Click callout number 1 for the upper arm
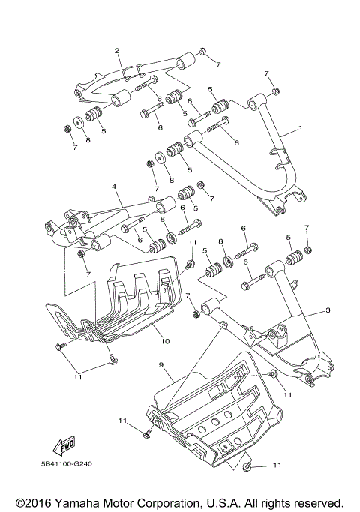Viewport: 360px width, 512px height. pyautogui.click(x=301, y=128)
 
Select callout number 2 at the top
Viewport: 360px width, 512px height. pyautogui.click(x=117, y=51)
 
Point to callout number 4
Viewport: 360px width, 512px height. pyautogui.click(x=114, y=185)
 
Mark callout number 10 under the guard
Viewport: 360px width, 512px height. pyautogui.click(x=165, y=340)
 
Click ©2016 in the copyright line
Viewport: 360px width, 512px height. pyautogui.click(x=32, y=502)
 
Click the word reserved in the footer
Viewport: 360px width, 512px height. pyautogui.click(x=317, y=502)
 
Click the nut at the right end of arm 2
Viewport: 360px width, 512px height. pyautogui.click(x=202, y=51)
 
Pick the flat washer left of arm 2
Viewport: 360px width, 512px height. pyautogui.click(x=79, y=123)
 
